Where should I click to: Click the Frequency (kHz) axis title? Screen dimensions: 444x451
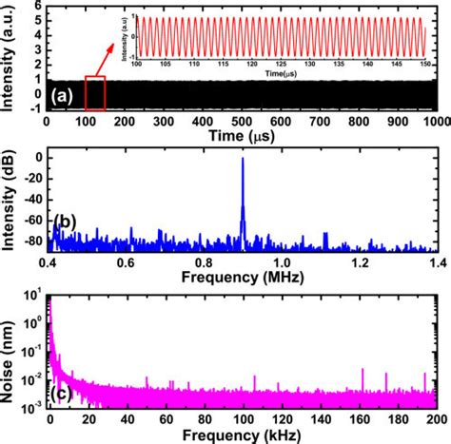click(x=242, y=434)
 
